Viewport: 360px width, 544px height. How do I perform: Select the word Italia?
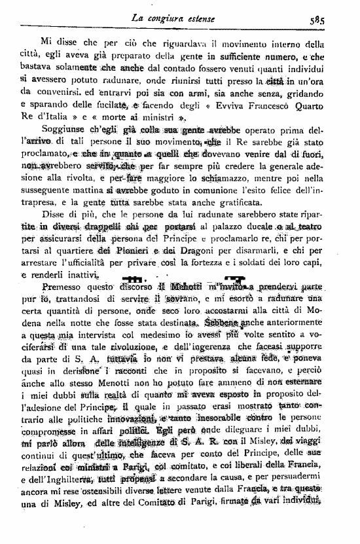(x=75, y=119)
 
